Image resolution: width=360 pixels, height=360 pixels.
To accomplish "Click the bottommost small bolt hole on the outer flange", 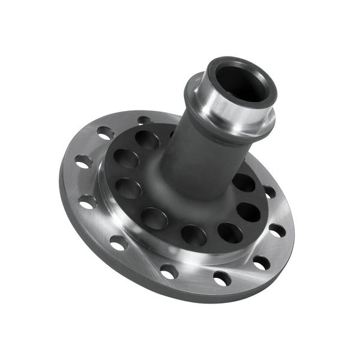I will (x=221, y=278).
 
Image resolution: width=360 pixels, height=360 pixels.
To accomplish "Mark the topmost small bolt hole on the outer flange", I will (x=145, y=121).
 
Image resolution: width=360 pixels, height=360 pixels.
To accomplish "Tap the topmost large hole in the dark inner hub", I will (x=147, y=140).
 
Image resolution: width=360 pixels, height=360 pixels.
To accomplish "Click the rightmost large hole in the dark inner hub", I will (x=248, y=211).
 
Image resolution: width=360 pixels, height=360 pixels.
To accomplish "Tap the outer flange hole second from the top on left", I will (x=106, y=133).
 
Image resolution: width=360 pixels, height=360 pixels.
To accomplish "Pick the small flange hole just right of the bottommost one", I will (x=261, y=263).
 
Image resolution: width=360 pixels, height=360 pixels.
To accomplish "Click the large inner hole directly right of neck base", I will (x=243, y=182).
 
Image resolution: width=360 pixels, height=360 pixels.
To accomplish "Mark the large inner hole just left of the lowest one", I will (x=155, y=218).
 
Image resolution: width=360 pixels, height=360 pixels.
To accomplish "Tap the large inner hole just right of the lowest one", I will (x=229, y=232).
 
